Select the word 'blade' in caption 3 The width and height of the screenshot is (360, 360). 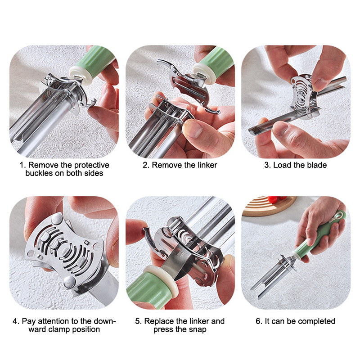[316, 165]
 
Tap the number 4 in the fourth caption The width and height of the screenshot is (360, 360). [15, 321]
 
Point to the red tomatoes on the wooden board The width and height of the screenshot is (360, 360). [277, 198]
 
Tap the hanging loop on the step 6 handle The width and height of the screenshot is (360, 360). [339, 216]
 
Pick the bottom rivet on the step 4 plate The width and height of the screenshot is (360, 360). [69, 282]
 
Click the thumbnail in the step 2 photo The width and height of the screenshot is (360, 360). [193, 129]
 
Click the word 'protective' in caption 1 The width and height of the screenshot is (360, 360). [92, 165]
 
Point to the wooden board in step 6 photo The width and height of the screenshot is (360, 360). [269, 206]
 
